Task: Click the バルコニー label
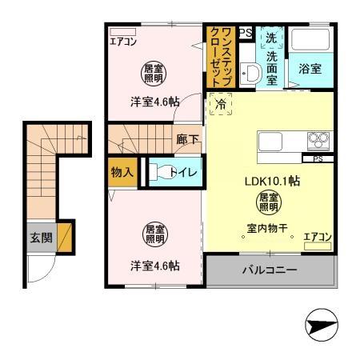point(270,270)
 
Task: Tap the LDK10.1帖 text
point(272,181)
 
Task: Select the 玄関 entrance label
point(41,237)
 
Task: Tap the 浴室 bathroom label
point(311,70)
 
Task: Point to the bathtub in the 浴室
point(311,40)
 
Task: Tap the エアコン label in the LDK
point(318,236)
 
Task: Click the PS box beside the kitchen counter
point(318,158)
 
